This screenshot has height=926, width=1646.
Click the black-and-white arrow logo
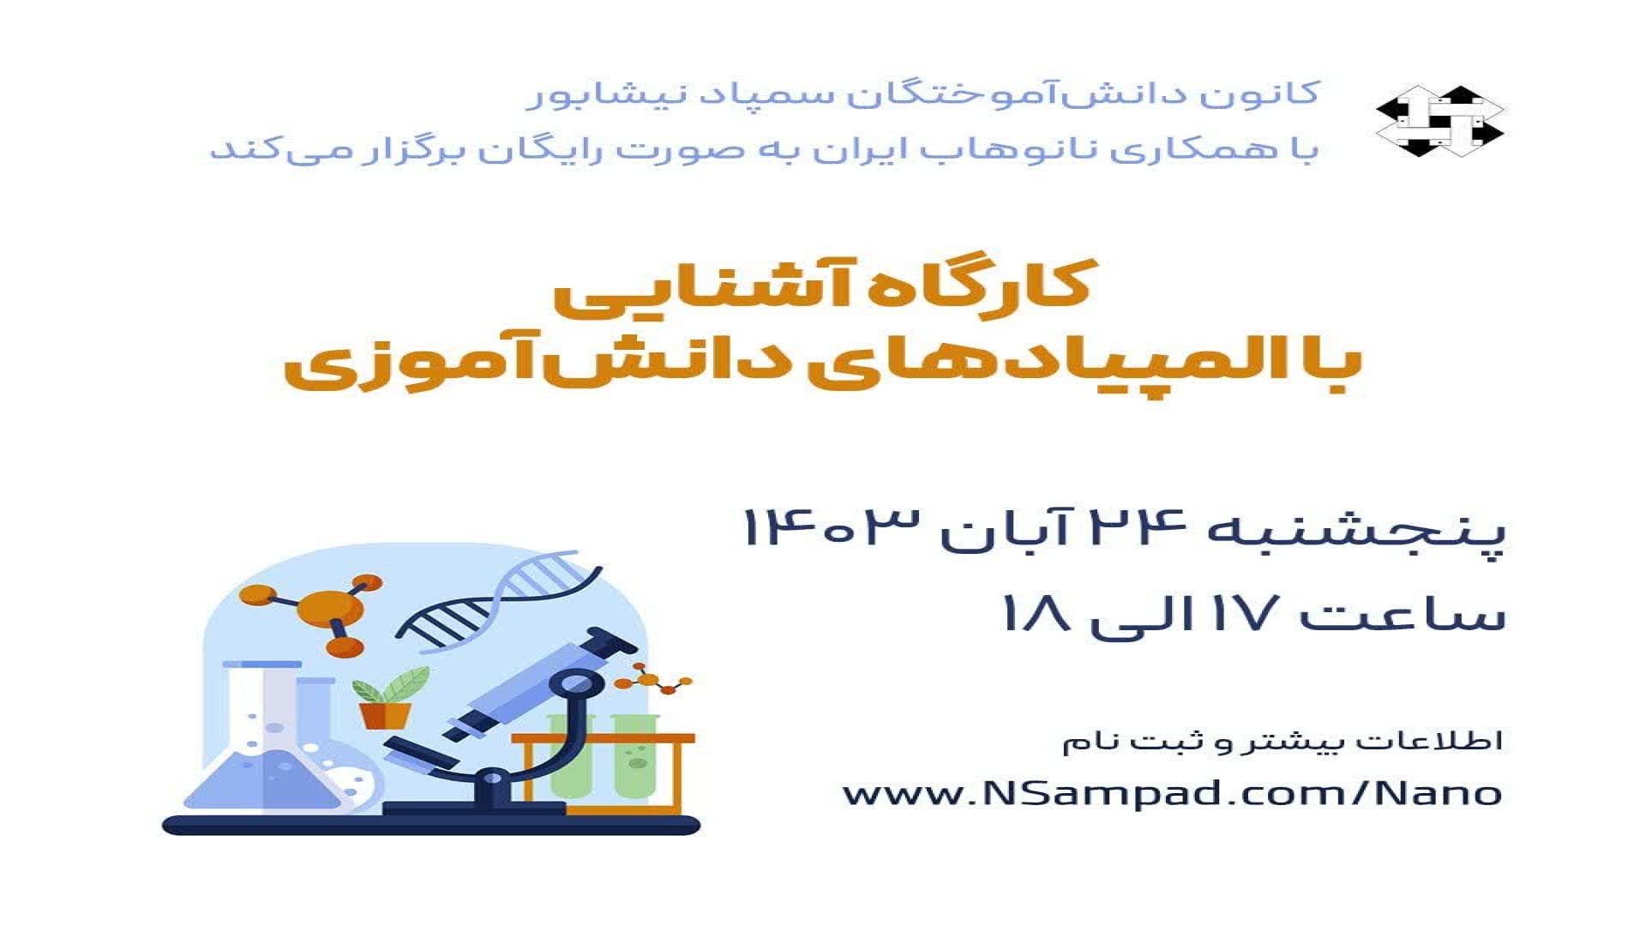(1440, 121)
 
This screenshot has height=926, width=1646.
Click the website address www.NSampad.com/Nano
(1172, 792)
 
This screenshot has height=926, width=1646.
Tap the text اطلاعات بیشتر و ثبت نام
(1283, 741)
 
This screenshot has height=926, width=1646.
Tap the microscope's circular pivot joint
(575, 685)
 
